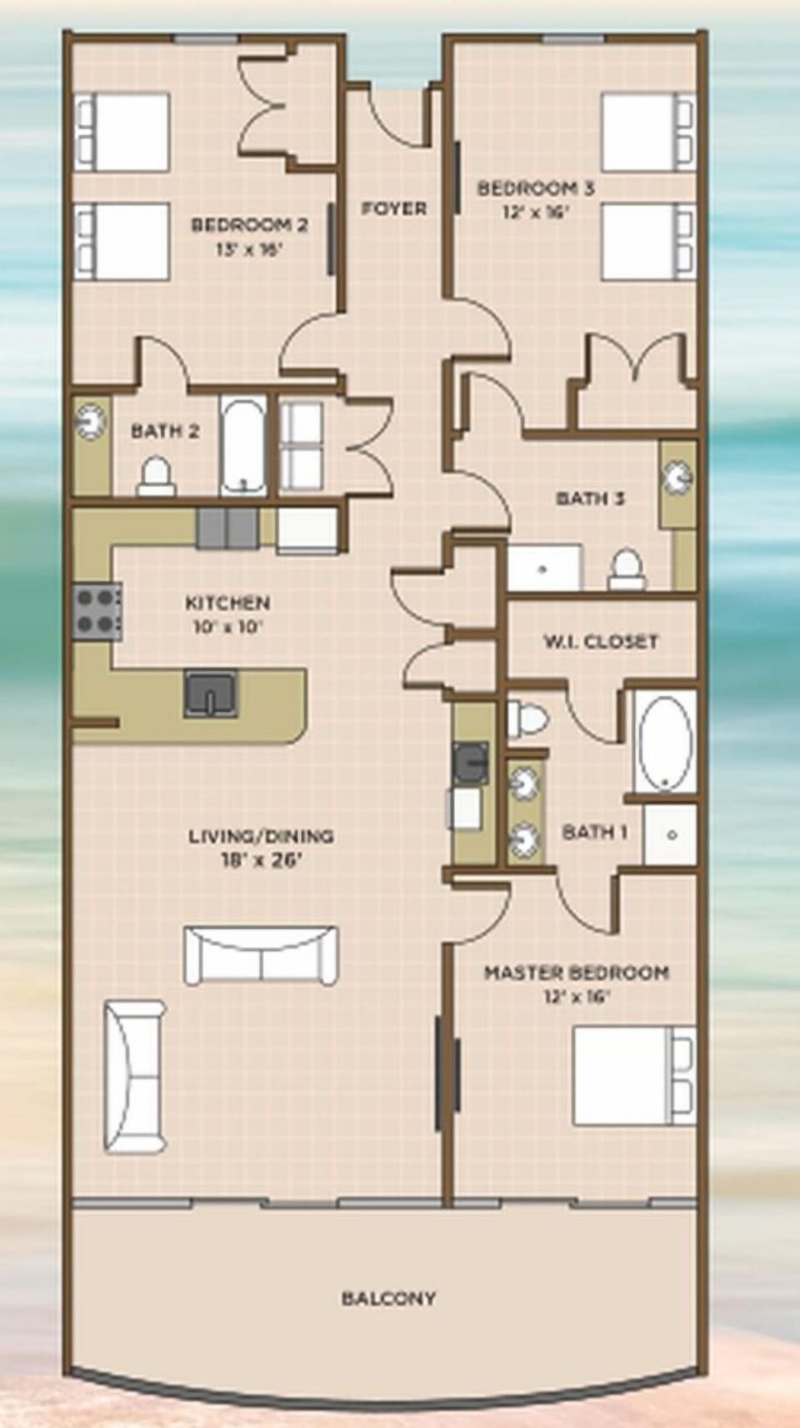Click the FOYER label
click(x=394, y=208)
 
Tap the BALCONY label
click(x=388, y=1298)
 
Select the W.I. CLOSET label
click(x=600, y=642)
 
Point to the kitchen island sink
click(x=211, y=693)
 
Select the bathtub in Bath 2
click(x=243, y=447)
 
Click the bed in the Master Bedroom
click(x=633, y=1075)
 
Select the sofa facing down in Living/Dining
click(x=261, y=954)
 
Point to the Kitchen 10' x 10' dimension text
click(x=227, y=627)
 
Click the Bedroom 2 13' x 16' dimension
click(x=249, y=248)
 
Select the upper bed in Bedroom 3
click(x=647, y=133)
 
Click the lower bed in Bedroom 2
click(x=122, y=241)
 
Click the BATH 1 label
click(x=594, y=832)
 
